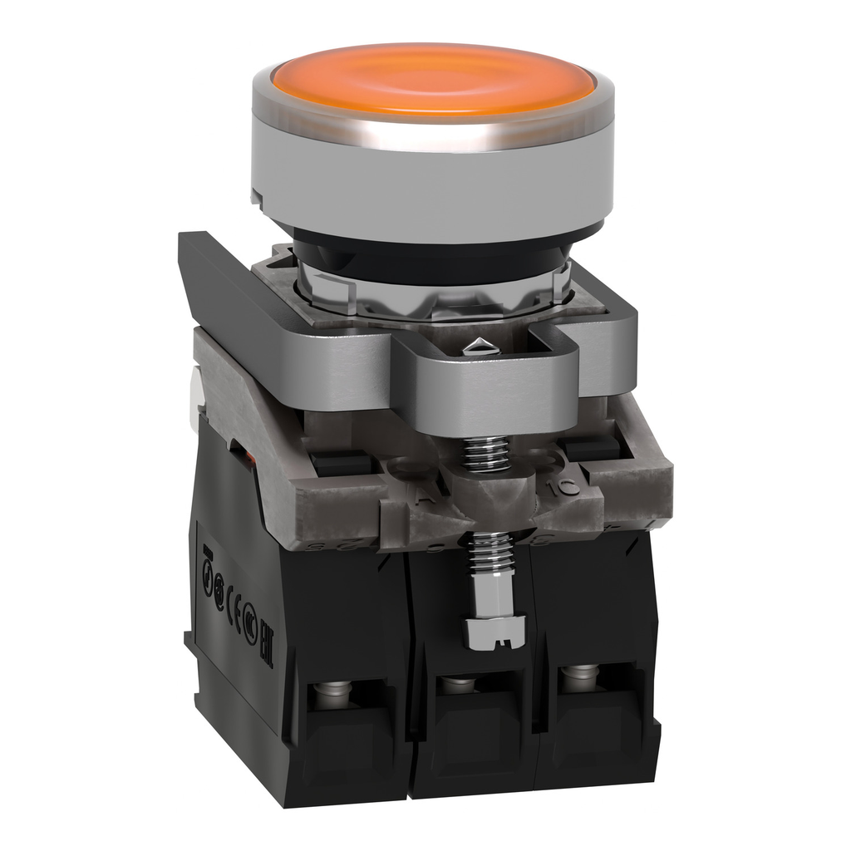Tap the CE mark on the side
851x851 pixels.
click(234, 608)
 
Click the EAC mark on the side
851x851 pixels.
click(267, 642)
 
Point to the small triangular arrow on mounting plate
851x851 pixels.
click(480, 347)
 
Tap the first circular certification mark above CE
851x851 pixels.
click(208, 578)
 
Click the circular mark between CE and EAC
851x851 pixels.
click(250, 624)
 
